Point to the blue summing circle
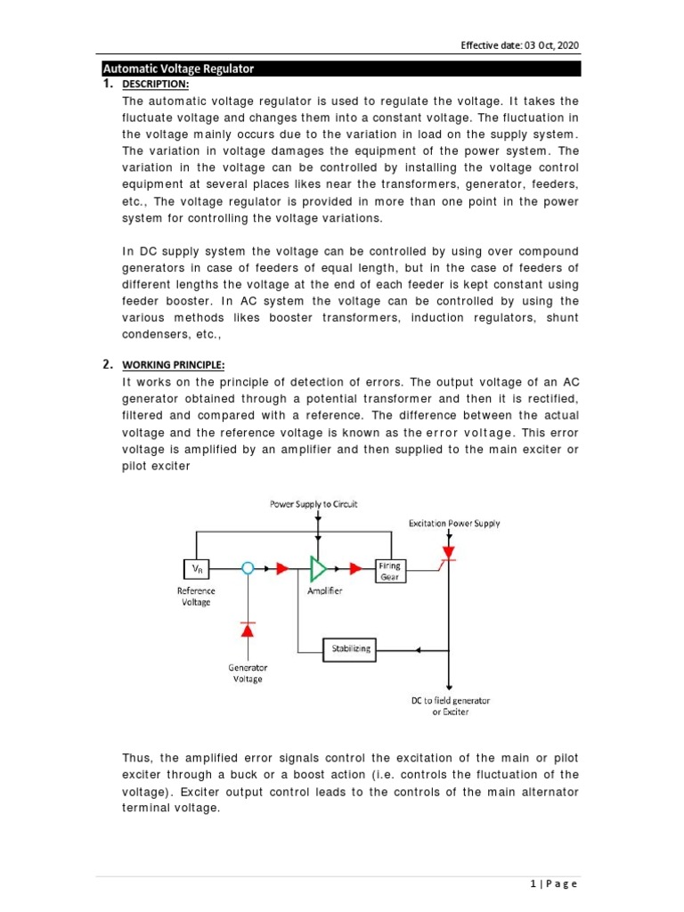coord(248,567)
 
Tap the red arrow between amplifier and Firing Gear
coord(355,567)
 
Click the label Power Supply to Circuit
coord(313,504)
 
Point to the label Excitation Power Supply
coord(454,523)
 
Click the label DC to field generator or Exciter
coord(450,705)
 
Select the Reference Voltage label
coord(196,596)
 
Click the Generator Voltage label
coord(248,672)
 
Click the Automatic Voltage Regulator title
coord(178,69)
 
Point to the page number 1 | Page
coord(553,883)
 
